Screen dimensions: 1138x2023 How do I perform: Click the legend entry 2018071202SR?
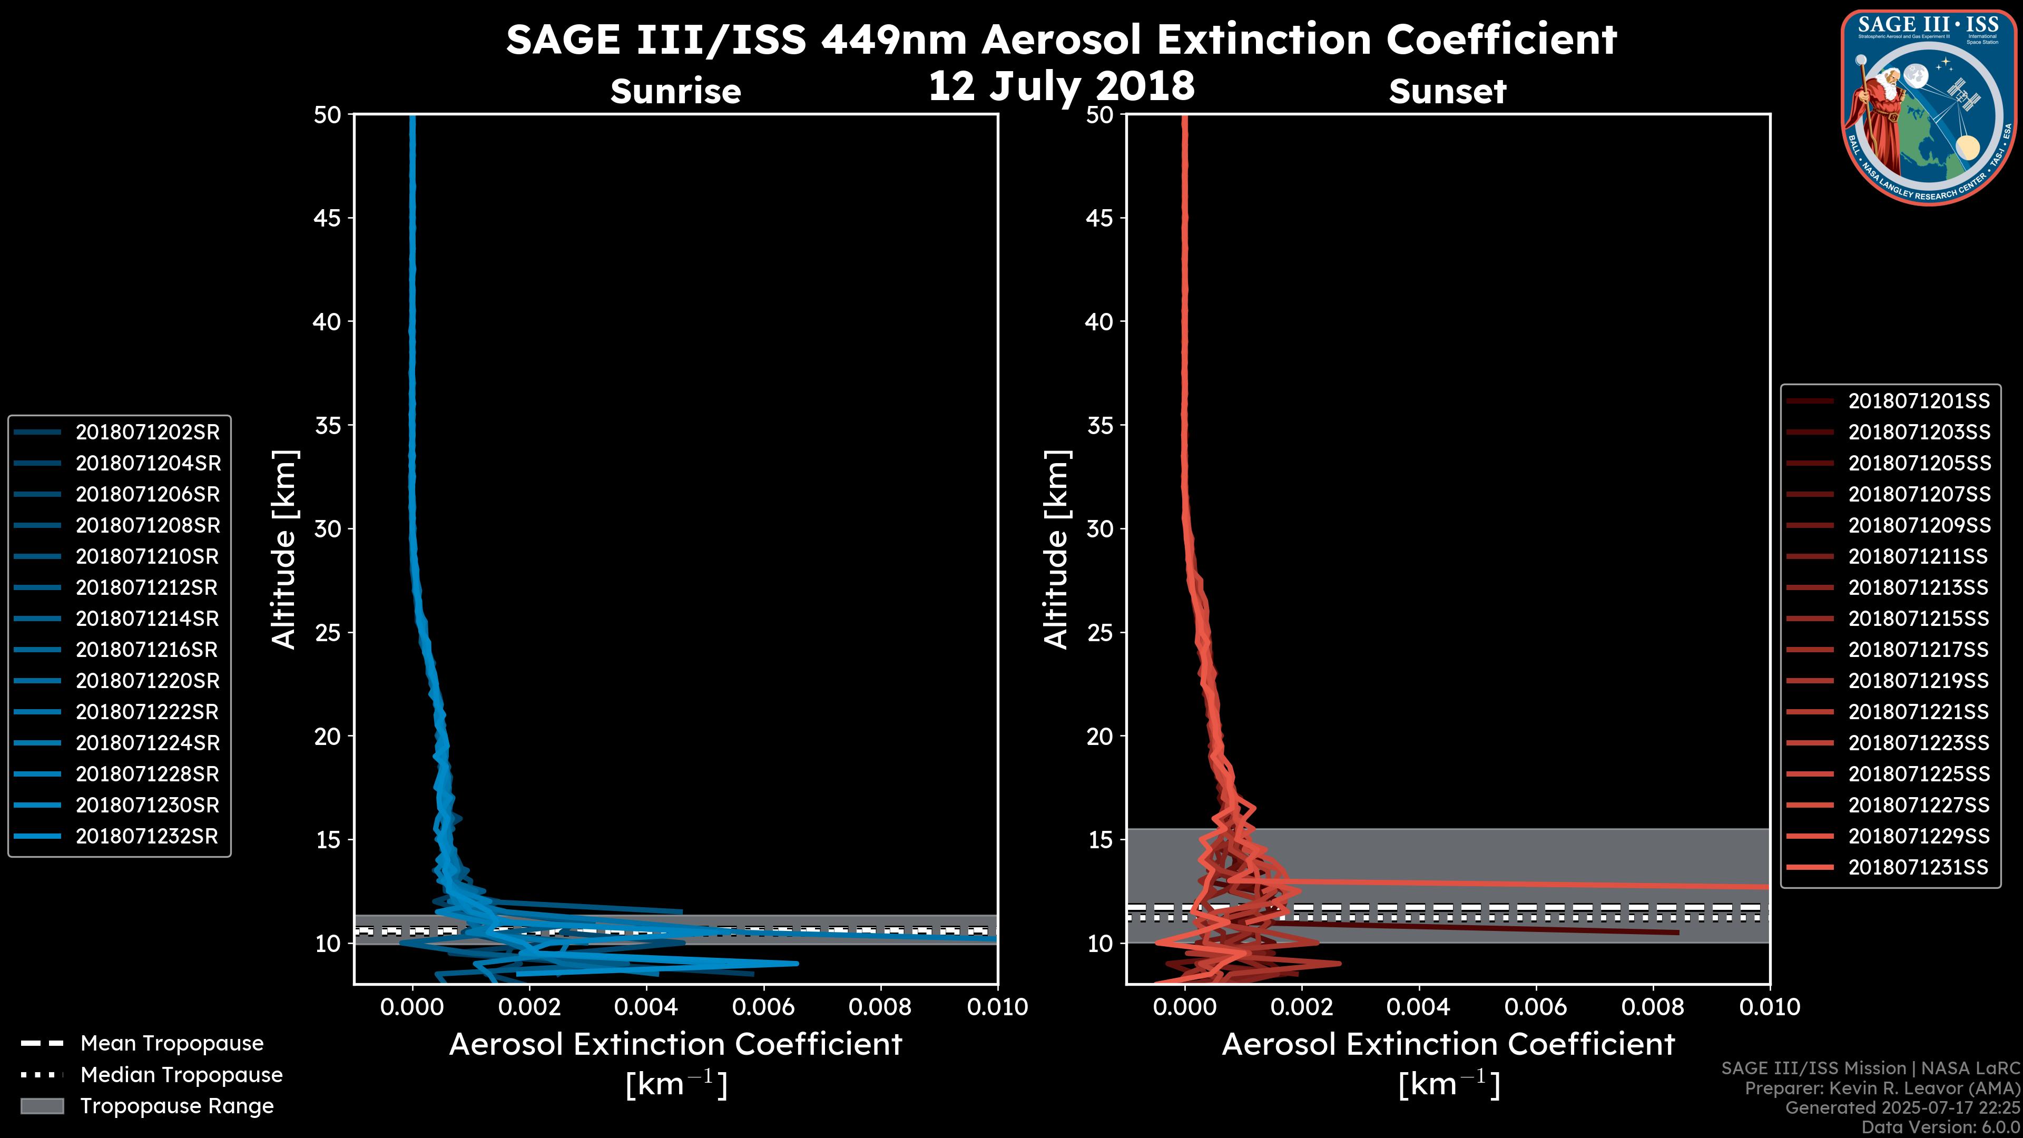148,432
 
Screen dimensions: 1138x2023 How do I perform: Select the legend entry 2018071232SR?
147,837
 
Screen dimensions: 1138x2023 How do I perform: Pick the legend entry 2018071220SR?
148,681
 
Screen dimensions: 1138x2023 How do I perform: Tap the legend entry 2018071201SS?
1919,401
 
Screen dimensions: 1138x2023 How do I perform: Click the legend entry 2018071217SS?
1919,650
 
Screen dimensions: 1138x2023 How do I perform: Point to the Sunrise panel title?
675,92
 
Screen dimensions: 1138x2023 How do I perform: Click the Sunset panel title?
1447,92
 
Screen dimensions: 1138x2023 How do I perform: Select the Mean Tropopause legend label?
172,1044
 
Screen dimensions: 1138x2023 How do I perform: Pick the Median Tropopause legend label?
181,1075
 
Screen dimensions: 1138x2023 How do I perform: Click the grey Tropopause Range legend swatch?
42,1106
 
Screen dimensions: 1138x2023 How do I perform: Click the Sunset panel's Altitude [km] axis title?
1057,550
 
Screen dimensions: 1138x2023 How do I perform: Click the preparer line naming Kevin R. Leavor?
1882,1088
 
